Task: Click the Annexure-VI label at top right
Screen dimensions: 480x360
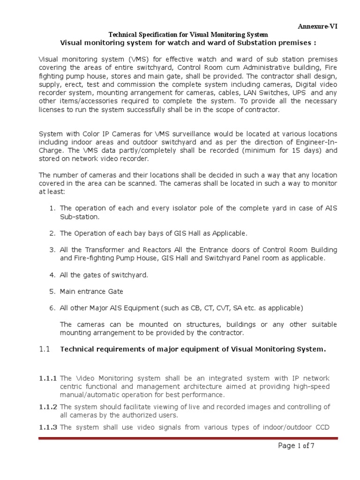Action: pos(317,26)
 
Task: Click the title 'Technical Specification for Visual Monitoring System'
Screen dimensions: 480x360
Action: pos(188,35)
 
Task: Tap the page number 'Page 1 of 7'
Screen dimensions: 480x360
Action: pos(296,446)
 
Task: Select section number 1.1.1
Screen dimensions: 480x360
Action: pos(47,378)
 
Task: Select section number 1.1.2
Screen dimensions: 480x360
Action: pos(47,406)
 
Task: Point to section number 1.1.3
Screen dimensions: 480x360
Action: pos(47,427)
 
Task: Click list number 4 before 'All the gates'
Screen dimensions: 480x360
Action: pos(52,275)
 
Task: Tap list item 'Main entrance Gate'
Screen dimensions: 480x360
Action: pos(91,291)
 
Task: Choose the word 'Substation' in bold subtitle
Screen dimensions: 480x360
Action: pos(261,43)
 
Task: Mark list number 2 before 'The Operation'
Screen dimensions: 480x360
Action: pos(52,233)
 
